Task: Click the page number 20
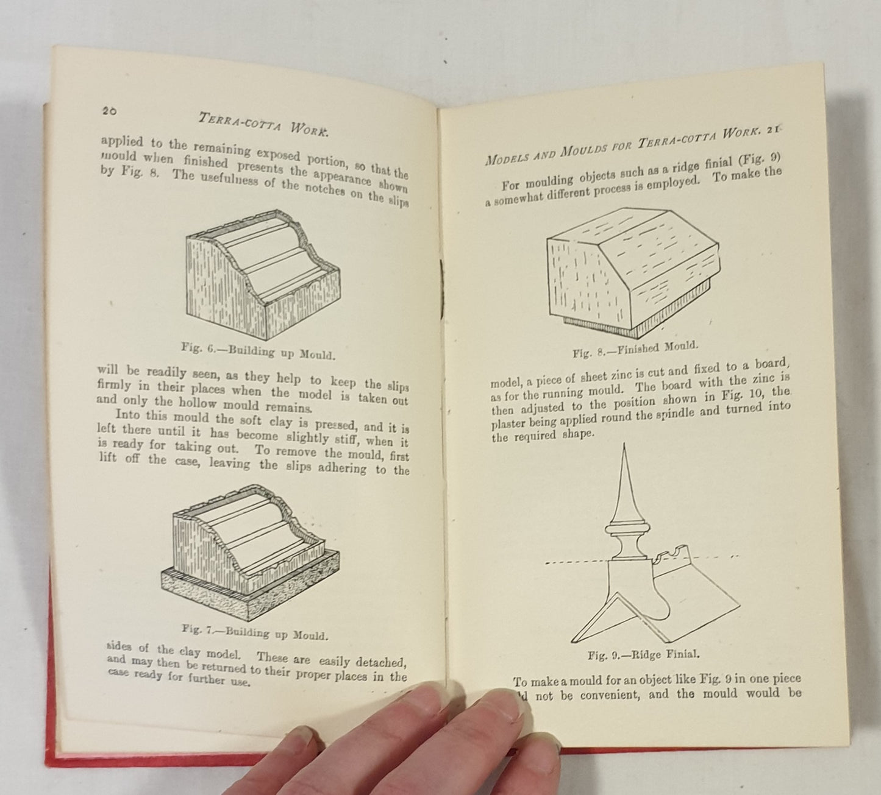pyautogui.click(x=109, y=111)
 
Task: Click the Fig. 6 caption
pyautogui.click(x=259, y=351)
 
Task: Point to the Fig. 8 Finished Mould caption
pyautogui.click(x=635, y=349)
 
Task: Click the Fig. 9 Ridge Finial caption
pyautogui.click(x=643, y=655)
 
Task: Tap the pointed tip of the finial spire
pyautogui.click(x=624, y=444)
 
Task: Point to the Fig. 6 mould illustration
pyautogui.click(x=263, y=275)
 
